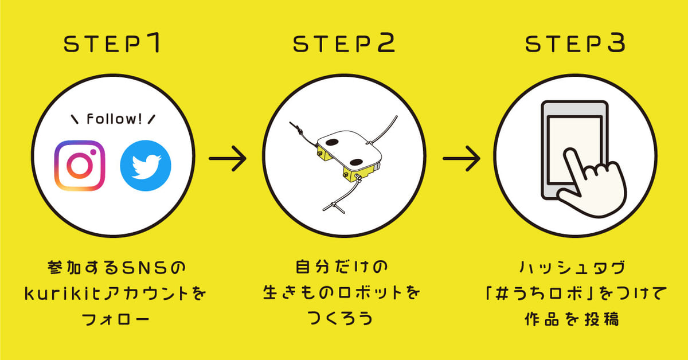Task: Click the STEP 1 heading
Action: click(114, 45)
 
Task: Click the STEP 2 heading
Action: click(344, 45)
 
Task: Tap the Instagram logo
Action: click(80, 166)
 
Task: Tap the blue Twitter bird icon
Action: click(145, 166)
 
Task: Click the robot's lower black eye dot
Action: click(355, 161)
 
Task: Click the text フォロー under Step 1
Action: click(113, 319)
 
